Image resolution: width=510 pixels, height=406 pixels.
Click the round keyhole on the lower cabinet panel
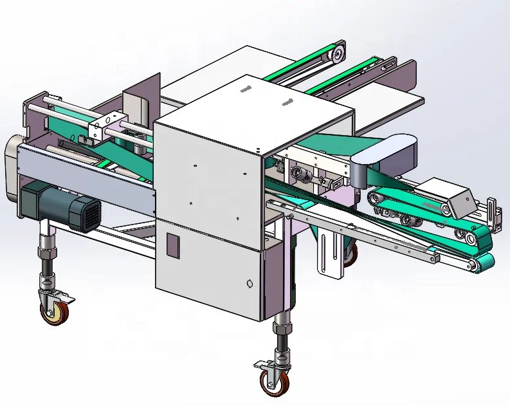click(x=250, y=283)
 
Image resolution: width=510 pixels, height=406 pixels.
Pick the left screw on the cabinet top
click(x=244, y=89)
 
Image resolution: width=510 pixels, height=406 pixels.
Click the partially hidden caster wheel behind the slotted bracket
click(x=350, y=255)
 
